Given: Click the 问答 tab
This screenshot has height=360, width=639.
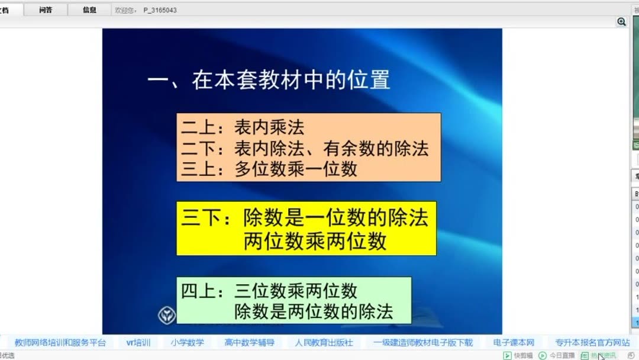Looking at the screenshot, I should pos(46,10).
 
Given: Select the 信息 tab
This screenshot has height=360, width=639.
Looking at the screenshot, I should pos(89,10).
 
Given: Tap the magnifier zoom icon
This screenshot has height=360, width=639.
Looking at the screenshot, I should pos(621,22).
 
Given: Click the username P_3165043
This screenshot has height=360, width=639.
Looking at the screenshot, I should pos(160,10).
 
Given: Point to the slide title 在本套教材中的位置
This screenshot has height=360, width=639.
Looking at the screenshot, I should pos(269,80).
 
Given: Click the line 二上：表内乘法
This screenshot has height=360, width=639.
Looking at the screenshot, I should pos(243,127).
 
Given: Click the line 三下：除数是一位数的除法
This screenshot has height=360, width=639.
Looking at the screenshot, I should pos(305,218).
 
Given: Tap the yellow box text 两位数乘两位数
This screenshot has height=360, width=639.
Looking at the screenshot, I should pos(315,241).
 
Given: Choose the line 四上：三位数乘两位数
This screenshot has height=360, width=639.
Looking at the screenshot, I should pos(269,291).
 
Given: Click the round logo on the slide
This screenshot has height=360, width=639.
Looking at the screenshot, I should pos(167,314).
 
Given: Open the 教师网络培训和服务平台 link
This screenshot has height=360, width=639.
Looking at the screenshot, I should pos(60,343).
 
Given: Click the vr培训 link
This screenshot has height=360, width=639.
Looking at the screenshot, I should pos(138,343).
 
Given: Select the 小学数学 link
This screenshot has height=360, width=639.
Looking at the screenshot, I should pos(188,343).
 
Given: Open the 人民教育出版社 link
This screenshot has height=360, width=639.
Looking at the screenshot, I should pos(324,343).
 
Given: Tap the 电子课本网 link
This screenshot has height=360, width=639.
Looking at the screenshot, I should pos(514,343).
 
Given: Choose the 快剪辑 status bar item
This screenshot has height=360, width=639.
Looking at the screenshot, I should pos(518,355).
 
